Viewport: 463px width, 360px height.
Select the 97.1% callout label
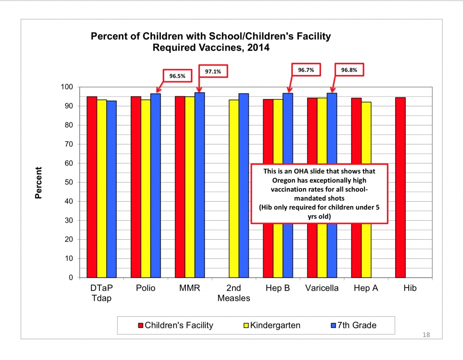(x=212, y=71)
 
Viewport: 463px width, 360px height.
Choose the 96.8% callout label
(x=348, y=70)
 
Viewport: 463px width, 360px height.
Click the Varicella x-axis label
(x=321, y=288)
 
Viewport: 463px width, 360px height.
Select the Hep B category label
(x=278, y=288)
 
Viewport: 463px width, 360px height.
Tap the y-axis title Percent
(x=39, y=183)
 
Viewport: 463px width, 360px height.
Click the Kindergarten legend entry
(x=269, y=325)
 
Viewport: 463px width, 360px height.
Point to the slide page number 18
(x=425, y=335)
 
